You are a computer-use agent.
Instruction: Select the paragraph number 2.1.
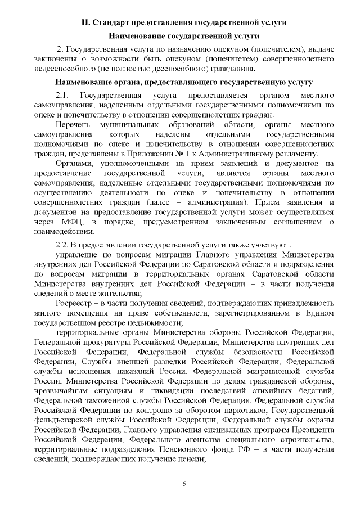(x=62, y=94)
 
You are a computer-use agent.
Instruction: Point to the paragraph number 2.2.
(x=62, y=245)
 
